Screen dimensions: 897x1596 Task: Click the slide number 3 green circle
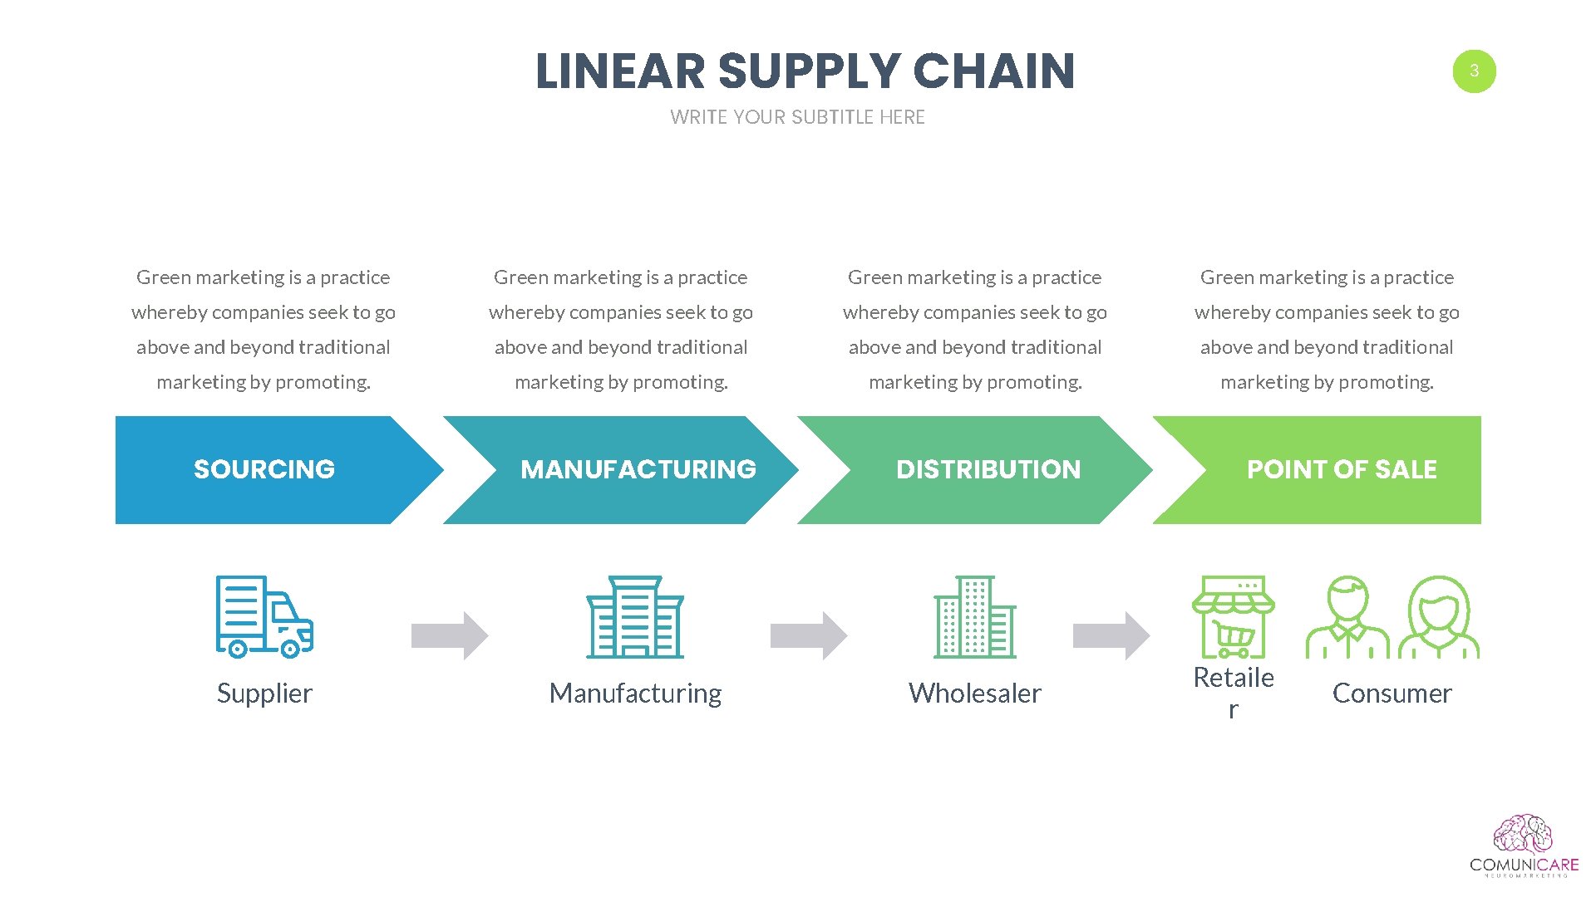pyautogui.click(x=1474, y=71)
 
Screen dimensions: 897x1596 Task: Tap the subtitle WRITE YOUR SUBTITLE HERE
pyautogui.click(x=797, y=117)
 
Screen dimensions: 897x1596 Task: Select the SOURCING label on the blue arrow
pyautogui.click(x=264, y=469)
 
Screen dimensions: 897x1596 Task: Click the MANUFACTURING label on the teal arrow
pyautogui.click(x=638, y=469)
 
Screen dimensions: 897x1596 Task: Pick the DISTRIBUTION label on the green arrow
pyautogui.click(x=988, y=469)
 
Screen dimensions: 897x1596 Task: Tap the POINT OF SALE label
pyautogui.click(x=1342, y=469)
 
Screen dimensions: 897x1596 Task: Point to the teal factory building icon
pyautogui.click(x=635, y=616)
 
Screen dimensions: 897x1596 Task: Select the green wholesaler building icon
pyautogui.click(x=975, y=616)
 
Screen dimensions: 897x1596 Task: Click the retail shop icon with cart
pyautogui.click(x=1234, y=616)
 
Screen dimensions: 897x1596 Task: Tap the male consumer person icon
pyautogui.click(x=1347, y=616)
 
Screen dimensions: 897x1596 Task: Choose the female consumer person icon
pyautogui.click(x=1439, y=616)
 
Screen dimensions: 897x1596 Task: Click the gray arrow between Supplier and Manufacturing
pyautogui.click(x=450, y=635)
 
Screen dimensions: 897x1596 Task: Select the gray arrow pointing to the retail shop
pyautogui.click(x=1111, y=635)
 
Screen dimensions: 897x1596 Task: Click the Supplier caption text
pyautogui.click(x=264, y=693)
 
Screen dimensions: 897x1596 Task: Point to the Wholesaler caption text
pyautogui.click(x=975, y=693)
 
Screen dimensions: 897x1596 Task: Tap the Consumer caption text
pyautogui.click(x=1392, y=693)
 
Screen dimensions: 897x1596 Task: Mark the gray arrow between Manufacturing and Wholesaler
pyautogui.click(x=809, y=635)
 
